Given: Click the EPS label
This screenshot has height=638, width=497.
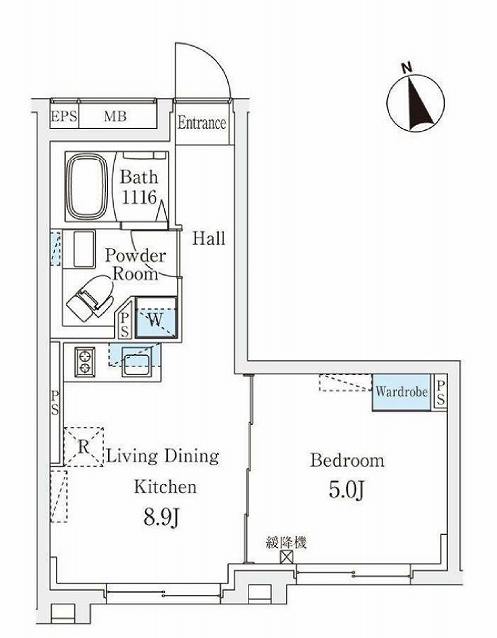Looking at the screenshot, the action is (x=64, y=116).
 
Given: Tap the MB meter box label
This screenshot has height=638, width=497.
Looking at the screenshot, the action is (x=115, y=116).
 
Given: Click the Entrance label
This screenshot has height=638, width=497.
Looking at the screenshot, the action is (x=202, y=123).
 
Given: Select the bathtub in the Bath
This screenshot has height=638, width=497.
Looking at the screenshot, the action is (x=87, y=186).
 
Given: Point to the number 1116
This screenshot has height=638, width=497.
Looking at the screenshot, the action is (x=140, y=197).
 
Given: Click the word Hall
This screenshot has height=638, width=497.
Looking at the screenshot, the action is (x=209, y=238).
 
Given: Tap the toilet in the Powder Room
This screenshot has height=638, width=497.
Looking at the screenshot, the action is (x=90, y=299).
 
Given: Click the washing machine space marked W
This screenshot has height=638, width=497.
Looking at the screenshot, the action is (x=156, y=318).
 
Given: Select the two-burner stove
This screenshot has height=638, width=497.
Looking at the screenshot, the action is (x=85, y=361).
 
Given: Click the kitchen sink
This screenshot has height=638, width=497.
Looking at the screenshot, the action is (x=136, y=364).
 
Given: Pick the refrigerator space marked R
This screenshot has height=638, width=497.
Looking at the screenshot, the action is (x=84, y=446).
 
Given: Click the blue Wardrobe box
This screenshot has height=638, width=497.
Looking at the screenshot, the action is (x=401, y=392).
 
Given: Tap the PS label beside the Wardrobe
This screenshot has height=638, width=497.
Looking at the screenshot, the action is (x=441, y=392).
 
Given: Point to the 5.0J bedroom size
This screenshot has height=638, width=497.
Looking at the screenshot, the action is (x=346, y=491).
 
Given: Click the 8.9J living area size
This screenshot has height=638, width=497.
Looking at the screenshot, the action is (x=162, y=517).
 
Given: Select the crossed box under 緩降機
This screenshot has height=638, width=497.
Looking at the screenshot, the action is (x=286, y=556).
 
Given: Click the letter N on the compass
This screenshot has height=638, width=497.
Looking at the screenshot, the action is (x=406, y=68).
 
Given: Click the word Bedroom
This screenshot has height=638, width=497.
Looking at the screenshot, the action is (x=347, y=461).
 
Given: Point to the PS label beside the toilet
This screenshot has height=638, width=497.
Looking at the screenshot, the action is (x=125, y=325).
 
